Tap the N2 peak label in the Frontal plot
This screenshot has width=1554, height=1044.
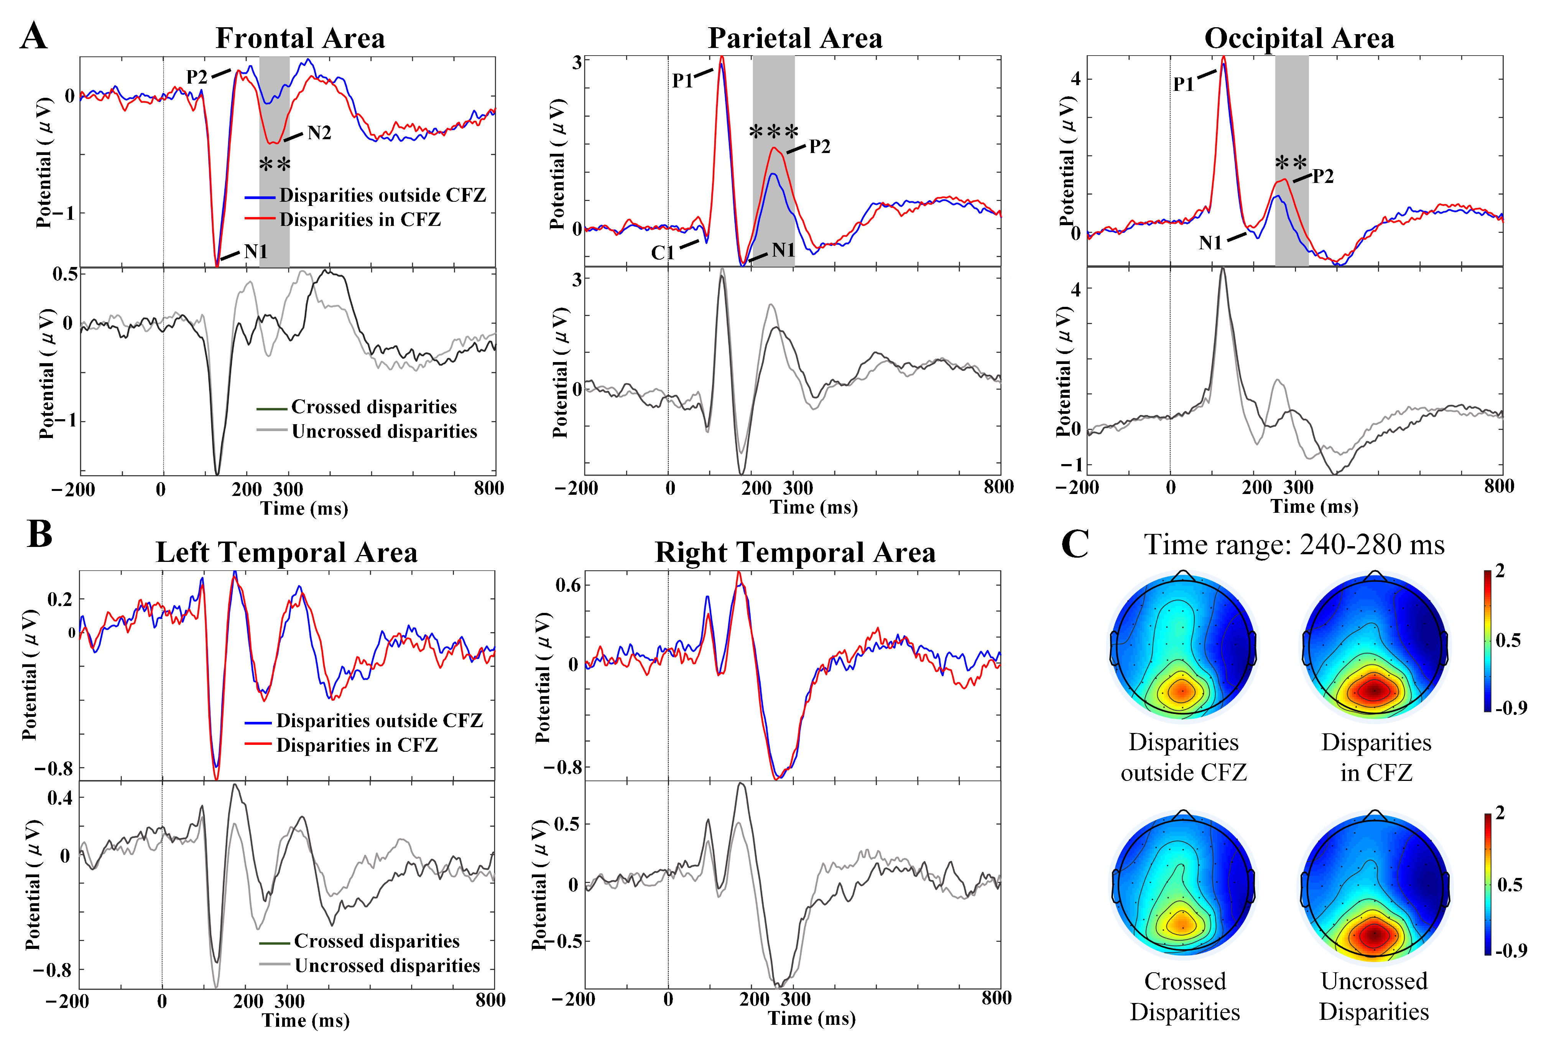319,133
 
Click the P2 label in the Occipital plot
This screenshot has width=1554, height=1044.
1323,176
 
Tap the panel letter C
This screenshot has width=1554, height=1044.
1074,545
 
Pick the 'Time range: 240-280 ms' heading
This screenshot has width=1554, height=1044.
1294,545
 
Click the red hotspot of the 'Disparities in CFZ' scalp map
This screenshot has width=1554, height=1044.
1374,690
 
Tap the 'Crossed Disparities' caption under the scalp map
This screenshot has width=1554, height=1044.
1185,996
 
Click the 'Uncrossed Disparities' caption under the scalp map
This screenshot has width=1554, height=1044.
1374,996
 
